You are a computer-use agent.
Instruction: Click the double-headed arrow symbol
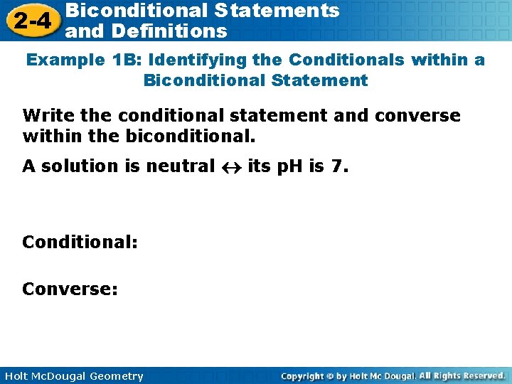(230, 167)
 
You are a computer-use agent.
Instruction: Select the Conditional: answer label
(80, 242)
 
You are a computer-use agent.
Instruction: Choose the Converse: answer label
(70, 289)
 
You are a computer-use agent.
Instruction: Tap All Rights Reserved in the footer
(462, 375)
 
